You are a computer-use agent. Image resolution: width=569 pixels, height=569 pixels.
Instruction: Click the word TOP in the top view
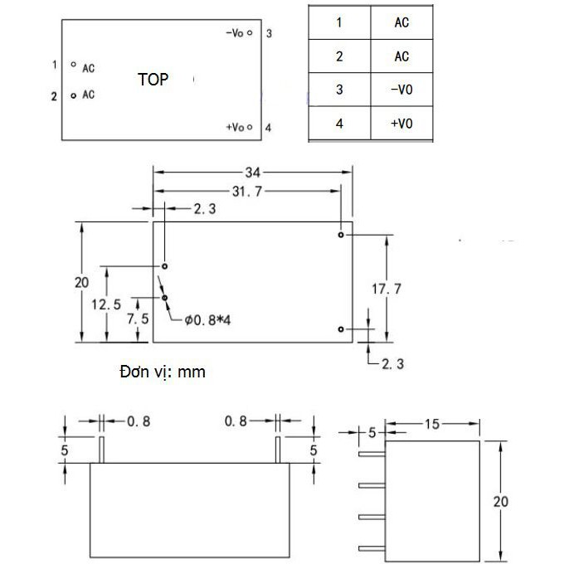153,80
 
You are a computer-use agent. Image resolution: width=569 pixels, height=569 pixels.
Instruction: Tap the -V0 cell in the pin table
401,90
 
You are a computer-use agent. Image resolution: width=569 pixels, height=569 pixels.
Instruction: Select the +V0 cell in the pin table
401,124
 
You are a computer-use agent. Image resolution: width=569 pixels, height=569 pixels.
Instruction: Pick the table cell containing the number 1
339,22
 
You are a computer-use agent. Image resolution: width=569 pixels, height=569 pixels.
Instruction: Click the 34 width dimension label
252,173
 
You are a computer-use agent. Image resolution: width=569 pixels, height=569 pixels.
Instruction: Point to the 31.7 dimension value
247,192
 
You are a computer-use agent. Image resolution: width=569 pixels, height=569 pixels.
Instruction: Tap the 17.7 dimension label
387,289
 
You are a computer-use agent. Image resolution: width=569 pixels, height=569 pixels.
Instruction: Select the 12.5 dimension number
106,304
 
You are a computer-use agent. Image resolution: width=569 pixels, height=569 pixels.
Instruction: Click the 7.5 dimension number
138,319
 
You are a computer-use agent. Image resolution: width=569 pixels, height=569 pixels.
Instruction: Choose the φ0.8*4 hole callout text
207,320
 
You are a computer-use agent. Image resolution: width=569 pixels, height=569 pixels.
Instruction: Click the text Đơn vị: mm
163,372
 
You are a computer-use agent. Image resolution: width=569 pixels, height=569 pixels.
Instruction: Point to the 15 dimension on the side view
432,424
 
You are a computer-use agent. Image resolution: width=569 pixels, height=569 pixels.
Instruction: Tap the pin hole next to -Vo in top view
250,32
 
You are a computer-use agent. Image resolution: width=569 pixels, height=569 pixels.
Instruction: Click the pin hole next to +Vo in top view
250,127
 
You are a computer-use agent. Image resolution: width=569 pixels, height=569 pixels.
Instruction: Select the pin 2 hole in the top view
74,96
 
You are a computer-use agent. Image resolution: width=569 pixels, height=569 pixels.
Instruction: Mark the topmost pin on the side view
372,454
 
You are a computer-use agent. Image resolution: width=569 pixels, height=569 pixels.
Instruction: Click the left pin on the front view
101,450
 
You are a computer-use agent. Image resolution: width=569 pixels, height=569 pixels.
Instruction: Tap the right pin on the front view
278,450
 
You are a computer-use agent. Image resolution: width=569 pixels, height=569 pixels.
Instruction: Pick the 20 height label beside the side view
501,502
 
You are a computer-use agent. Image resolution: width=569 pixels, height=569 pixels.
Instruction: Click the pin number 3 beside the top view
269,33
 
